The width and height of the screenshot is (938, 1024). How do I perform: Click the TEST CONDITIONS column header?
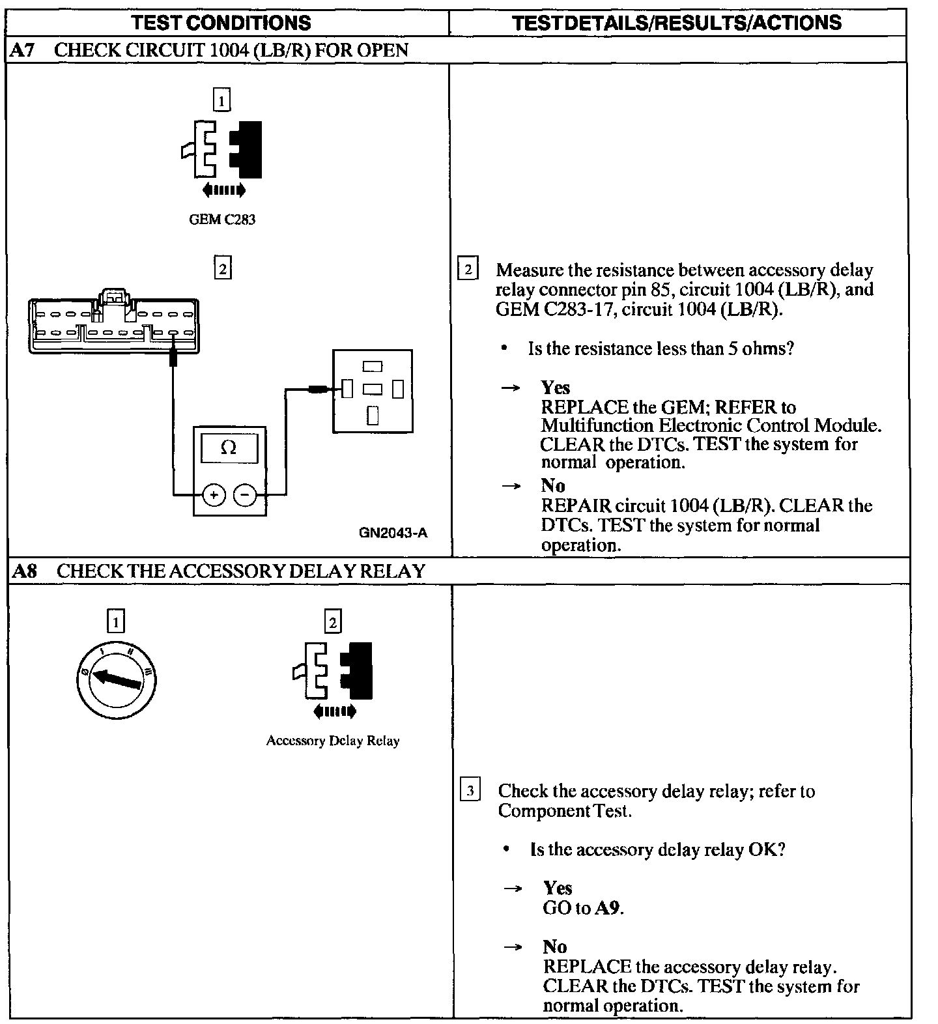[221, 23]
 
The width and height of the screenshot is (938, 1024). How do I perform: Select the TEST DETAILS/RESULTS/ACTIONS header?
[677, 23]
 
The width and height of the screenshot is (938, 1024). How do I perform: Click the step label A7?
[23, 50]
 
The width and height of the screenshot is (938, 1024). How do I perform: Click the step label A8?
[25, 571]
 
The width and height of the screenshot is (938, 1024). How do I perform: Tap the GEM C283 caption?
[222, 220]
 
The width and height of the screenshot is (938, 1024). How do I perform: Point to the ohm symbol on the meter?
[229, 448]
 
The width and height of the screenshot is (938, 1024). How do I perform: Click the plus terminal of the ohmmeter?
[214, 495]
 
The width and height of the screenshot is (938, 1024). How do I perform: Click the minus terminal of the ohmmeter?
[245, 495]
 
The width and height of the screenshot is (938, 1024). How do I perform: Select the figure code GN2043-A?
[393, 533]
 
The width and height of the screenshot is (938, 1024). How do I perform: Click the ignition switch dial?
[117, 680]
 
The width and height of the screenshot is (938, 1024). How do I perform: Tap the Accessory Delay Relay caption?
[333, 741]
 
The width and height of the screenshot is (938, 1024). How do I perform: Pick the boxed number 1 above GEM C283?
[222, 100]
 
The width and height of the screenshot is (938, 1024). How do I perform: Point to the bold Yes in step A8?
[558, 888]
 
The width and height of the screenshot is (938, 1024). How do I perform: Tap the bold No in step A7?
[553, 485]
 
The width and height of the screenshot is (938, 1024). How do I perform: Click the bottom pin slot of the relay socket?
[373, 415]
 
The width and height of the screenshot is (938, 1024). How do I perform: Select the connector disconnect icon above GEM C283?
[223, 150]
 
